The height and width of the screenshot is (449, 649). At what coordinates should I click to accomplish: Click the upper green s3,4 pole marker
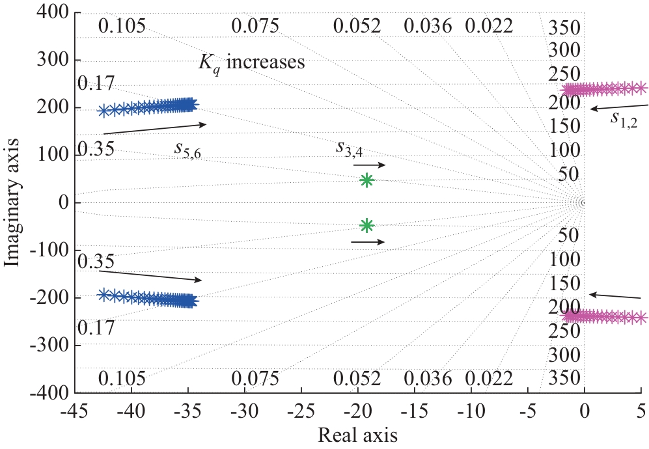366,180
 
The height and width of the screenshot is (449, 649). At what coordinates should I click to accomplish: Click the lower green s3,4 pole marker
366,225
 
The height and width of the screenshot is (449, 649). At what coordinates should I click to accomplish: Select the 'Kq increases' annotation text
252,64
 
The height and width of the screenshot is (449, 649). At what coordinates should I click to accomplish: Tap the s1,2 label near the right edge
624,118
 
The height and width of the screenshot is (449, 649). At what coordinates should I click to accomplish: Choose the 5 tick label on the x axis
641,411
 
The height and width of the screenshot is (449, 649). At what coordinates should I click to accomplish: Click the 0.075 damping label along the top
255,27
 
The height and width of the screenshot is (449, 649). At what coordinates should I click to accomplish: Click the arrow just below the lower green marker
368,242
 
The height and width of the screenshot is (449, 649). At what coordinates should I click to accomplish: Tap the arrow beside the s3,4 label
370,165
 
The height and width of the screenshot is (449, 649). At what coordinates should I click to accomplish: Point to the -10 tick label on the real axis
471,411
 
